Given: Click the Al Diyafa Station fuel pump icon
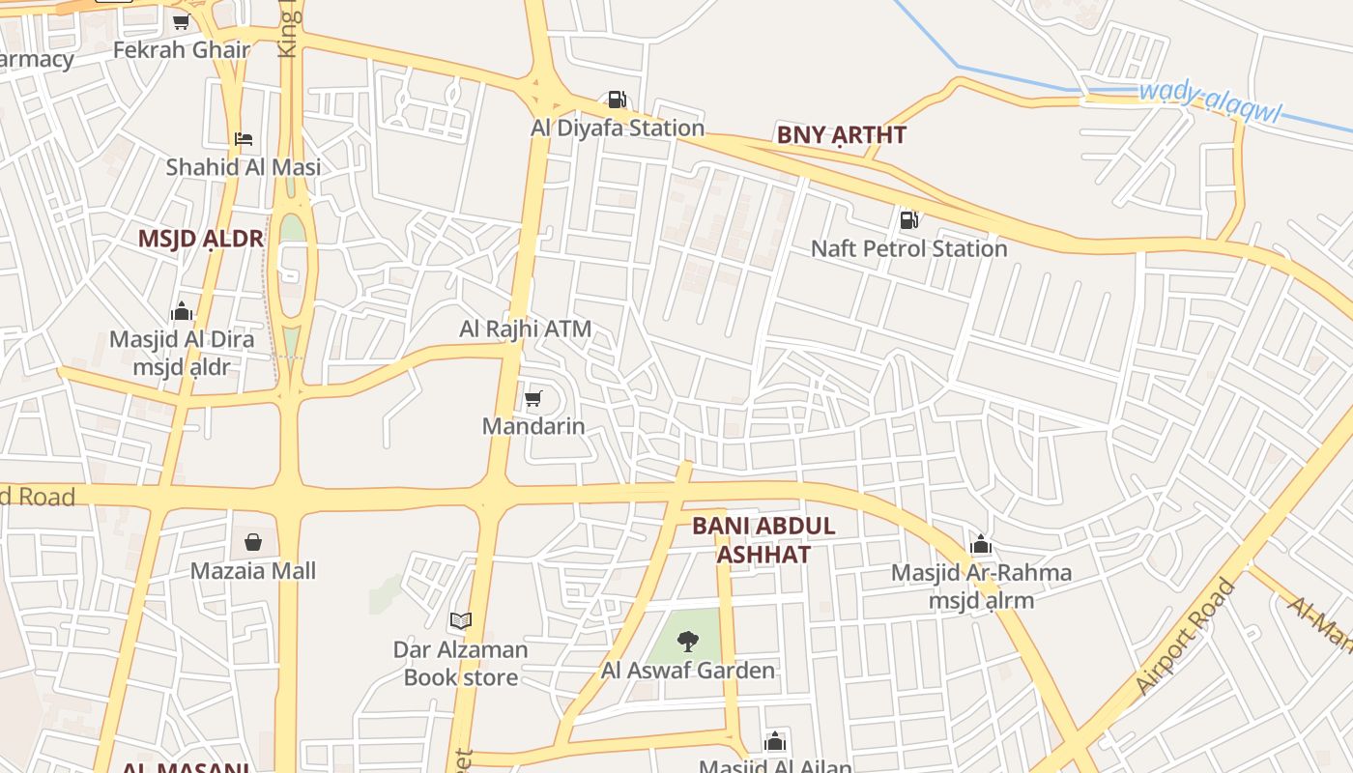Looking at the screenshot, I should pyautogui.click(x=617, y=100).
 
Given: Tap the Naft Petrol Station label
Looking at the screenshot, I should pyautogui.click(x=908, y=248).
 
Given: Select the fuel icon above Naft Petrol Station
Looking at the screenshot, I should pyautogui.click(x=908, y=220).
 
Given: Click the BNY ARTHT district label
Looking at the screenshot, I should pyautogui.click(x=842, y=135).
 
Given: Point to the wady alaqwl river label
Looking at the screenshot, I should pyautogui.click(x=1209, y=103).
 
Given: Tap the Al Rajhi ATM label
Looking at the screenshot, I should pyautogui.click(x=525, y=329).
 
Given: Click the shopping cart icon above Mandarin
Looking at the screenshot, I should pyautogui.click(x=533, y=398).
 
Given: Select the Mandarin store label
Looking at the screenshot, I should pyautogui.click(x=533, y=425).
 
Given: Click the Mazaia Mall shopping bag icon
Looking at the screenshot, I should pyautogui.click(x=253, y=542).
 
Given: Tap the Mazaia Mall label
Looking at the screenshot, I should pyautogui.click(x=253, y=570).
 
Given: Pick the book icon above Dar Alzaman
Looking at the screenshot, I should pyautogui.click(x=461, y=620).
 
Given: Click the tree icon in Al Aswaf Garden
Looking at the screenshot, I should pyautogui.click(x=687, y=640).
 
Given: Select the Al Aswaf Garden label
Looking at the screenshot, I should pyautogui.click(x=688, y=670).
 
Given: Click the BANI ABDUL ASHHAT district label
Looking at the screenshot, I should pyautogui.click(x=763, y=540).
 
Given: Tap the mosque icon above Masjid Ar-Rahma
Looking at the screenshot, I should pyautogui.click(x=981, y=544).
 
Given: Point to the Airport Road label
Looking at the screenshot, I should pyautogui.click(x=1186, y=636).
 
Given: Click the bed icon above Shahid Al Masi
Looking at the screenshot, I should pyautogui.click(x=244, y=139).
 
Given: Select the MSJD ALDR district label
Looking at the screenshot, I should pyautogui.click(x=201, y=239).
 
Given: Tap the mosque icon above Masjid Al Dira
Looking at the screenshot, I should pyautogui.click(x=182, y=311).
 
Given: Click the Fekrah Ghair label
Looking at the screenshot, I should pyautogui.click(x=182, y=49).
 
